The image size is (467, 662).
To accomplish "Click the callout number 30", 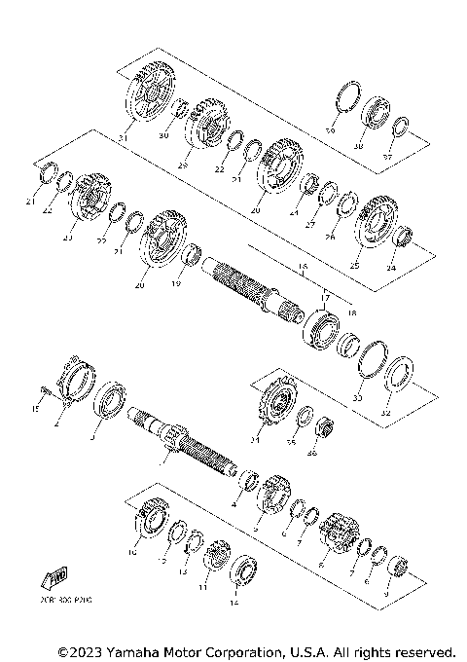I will point(163,135).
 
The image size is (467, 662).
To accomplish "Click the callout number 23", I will point(67,237).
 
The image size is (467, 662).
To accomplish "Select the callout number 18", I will point(352,313).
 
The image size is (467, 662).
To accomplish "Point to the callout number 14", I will point(233,603).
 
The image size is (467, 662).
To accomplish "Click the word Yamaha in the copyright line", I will point(139,650).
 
